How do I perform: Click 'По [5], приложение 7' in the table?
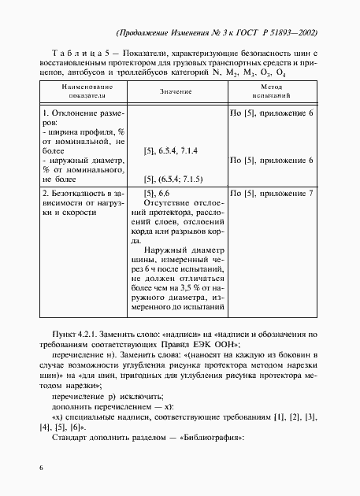(271, 193)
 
